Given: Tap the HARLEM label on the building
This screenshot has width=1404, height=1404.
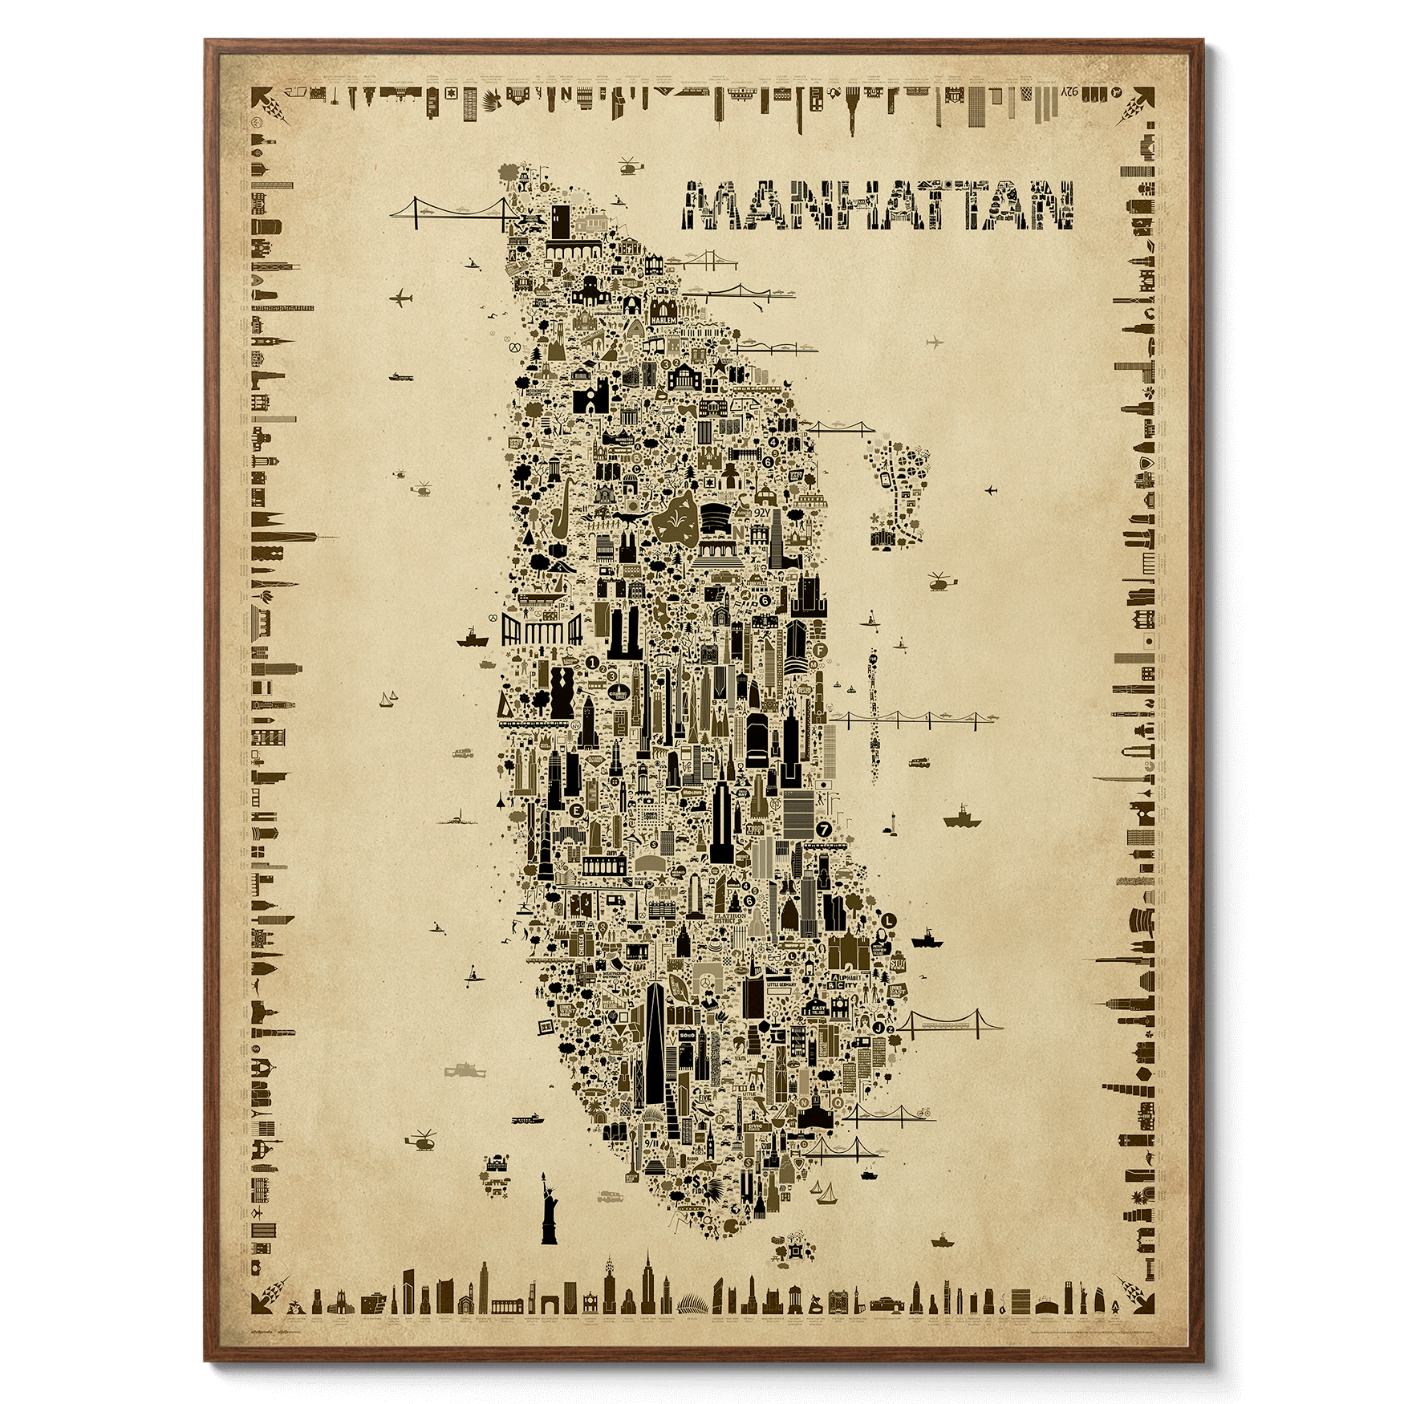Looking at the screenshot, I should [x=665, y=319].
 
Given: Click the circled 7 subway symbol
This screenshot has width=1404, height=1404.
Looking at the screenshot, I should [x=822, y=827].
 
